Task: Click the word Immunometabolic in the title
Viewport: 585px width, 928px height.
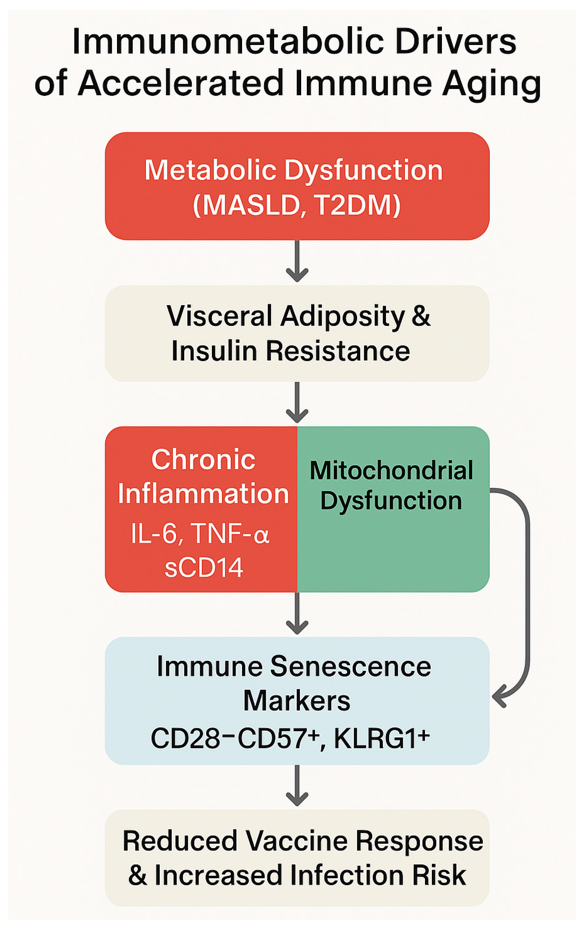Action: (228, 42)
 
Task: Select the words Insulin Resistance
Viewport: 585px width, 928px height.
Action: (291, 351)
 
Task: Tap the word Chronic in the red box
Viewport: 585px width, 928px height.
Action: (203, 459)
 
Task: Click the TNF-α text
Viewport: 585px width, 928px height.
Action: (230, 534)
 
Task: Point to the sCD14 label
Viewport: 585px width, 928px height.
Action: (204, 567)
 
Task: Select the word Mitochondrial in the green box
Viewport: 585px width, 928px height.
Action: (391, 470)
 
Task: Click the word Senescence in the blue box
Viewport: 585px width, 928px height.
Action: (350, 666)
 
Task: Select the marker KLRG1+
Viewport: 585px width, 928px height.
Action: (382, 738)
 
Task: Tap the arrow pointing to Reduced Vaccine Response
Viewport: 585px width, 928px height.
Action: (297, 786)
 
